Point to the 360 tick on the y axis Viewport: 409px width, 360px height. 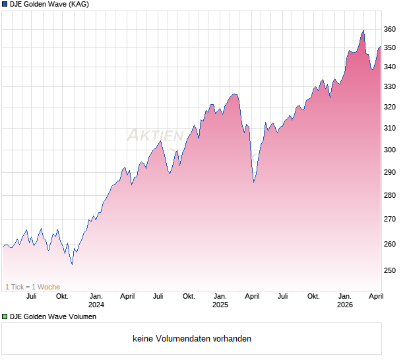click(389, 29)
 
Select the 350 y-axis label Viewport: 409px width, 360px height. click(389, 48)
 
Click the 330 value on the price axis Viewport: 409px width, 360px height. click(389, 86)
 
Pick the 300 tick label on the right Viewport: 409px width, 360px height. click(389, 150)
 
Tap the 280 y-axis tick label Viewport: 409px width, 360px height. click(389, 195)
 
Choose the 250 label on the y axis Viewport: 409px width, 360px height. click(389, 270)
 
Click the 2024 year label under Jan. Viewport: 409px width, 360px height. click(96, 305)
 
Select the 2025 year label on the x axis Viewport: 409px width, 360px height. click(220, 305)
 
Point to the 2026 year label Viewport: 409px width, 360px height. click(345, 305)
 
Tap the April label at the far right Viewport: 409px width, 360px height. click(375, 296)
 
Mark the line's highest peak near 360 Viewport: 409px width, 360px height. click(363, 30)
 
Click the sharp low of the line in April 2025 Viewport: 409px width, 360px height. click(254, 182)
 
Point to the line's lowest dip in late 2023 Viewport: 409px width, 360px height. click(72, 264)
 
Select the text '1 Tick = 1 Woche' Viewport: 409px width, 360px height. click(33, 287)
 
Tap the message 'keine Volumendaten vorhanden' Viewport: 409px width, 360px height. click(192, 339)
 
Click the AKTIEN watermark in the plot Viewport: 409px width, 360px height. click(155, 136)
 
